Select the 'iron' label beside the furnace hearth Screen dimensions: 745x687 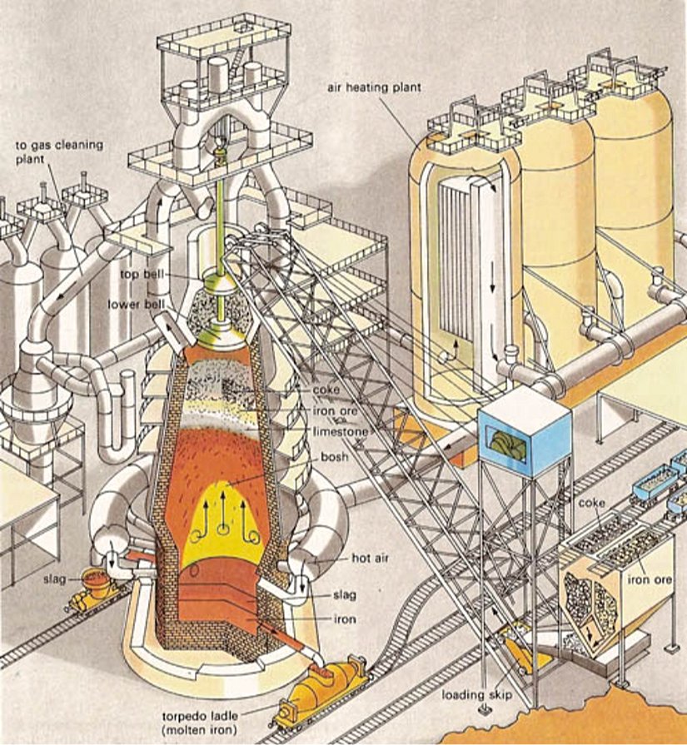click(332, 617)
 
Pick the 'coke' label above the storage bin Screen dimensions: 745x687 click(590, 504)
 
